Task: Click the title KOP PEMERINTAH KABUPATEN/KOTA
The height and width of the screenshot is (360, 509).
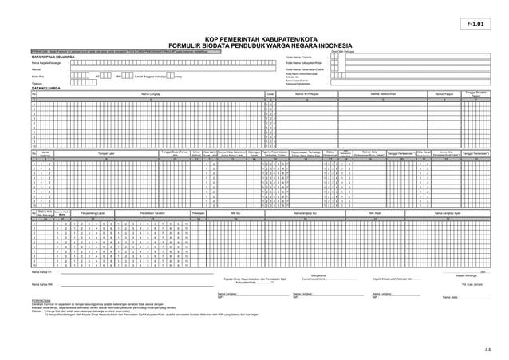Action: click(254, 38)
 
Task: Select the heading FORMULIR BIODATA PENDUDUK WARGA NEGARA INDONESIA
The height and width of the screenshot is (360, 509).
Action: click(254, 45)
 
